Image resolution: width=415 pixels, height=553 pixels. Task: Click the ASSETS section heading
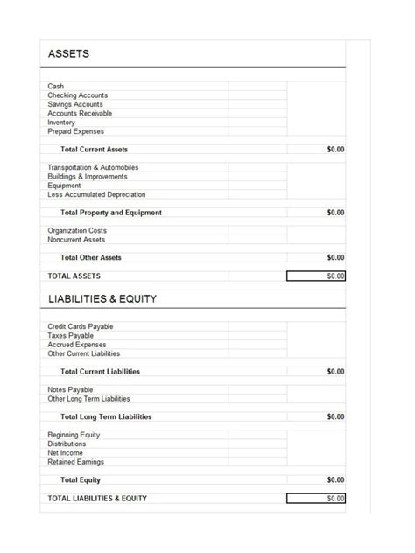tap(68, 54)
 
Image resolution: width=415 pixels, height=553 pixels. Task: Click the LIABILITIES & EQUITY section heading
tap(102, 298)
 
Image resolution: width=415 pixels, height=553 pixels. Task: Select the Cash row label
tap(55, 87)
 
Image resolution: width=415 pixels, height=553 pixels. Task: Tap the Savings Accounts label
tap(75, 104)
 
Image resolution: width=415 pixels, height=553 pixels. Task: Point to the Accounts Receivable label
tap(80, 114)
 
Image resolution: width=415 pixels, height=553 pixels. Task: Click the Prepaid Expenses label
tap(75, 131)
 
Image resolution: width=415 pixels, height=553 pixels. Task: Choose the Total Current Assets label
tap(94, 150)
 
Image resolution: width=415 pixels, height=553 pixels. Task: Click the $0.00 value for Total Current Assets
tap(335, 150)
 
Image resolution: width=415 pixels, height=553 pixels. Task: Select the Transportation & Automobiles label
tap(93, 167)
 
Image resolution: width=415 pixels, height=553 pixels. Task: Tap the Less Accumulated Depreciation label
tap(96, 194)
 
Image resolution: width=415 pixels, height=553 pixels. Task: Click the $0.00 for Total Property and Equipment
tap(335, 213)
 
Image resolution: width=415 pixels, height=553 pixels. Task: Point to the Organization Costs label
tap(77, 231)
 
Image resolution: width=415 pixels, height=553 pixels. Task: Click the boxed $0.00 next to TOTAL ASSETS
tap(316, 276)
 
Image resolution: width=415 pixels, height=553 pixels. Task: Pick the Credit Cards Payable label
tap(80, 326)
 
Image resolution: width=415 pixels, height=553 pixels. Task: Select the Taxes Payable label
tap(70, 335)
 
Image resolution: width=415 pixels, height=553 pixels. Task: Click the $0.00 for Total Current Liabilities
tap(335, 372)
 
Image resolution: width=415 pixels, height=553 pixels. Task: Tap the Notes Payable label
tap(70, 389)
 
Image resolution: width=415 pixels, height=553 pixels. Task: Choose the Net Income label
tap(66, 453)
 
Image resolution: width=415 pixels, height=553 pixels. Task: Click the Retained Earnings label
tap(77, 462)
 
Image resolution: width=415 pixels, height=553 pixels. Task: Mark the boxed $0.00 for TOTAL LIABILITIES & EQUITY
tap(316, 499)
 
